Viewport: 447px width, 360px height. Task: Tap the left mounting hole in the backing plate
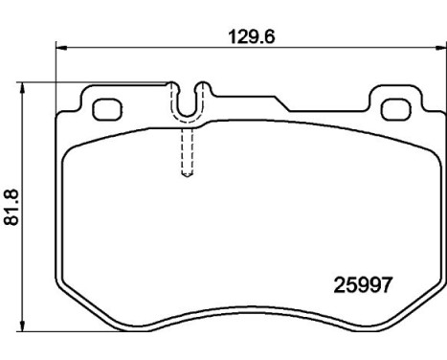(103, 108)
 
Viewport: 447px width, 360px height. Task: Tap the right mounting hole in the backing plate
(391, 108)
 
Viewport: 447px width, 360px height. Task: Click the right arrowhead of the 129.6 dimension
(432, 45)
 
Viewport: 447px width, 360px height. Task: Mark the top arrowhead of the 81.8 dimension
(24, 86)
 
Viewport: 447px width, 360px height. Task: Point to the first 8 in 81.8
(12, 221)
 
